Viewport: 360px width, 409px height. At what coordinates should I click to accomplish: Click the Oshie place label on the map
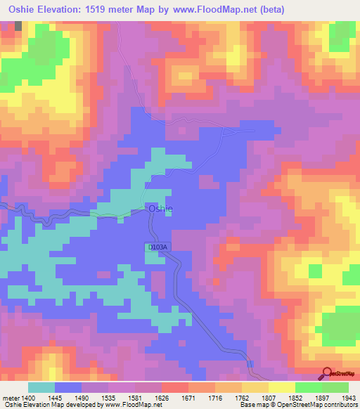159,209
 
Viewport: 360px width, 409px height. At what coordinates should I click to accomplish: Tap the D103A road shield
158,247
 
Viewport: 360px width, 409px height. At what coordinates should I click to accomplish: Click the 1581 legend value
148,397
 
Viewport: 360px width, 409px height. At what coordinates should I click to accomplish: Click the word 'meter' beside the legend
12,397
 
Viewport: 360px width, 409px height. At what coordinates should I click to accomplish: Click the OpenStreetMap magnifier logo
326,374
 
